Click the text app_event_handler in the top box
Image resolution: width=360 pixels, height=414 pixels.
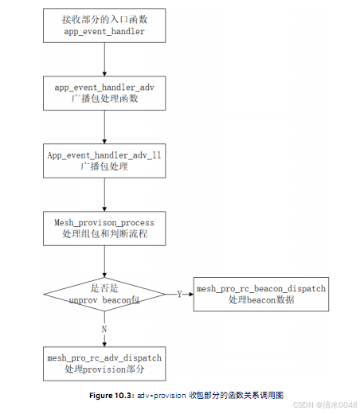click(x=104, y=33)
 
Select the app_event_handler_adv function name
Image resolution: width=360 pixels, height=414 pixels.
click(x=104, y=86)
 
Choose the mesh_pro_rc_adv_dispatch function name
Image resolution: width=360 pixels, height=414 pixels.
click(x=104, y=357)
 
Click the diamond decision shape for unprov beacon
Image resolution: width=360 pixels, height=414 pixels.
click(x=104, y=295)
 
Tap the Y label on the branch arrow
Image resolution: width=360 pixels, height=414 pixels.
click(x=179, y=294)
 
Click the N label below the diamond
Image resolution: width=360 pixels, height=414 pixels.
click(x=104, y=328)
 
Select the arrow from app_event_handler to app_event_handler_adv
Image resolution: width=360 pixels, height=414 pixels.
click(x=104, y=58)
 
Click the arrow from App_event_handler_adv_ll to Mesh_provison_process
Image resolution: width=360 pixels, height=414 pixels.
click(x=104, y=192)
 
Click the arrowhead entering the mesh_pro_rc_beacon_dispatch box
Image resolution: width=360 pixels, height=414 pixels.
click(x=190, y=294)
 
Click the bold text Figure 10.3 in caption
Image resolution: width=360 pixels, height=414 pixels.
click(x=112, y=395)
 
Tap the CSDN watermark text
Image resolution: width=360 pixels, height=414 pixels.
click(x=303, y=404)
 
